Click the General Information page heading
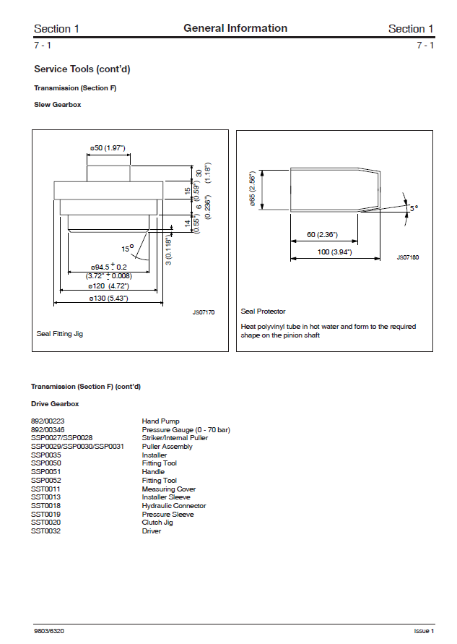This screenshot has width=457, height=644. click(x=235, y=29)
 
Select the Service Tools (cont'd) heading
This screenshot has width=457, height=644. click(x=82, y=69)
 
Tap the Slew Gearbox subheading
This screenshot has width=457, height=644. click(x=58, y=105)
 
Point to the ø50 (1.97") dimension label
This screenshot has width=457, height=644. click(x=108, y=148)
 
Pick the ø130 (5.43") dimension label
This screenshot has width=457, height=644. click(x=108, y=299)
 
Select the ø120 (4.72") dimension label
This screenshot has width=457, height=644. click(x=108, y=287)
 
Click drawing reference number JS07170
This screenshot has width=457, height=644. click(x=204, y=312)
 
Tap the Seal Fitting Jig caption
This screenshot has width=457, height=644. click(x=60, y=334)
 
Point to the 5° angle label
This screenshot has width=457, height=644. click(x=414, y=208)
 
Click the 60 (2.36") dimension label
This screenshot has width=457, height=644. click(x=322, y=235)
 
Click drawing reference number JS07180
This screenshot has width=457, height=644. click(x=408, y=257)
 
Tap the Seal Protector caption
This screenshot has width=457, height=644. click(x=263, y=312)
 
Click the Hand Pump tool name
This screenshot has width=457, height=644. click(x=161, y=421)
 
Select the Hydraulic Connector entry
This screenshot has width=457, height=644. click(x=174, y=506)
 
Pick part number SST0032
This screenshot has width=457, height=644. click(x=45, y=531)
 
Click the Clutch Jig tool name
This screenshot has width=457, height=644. click(x=157, y=523)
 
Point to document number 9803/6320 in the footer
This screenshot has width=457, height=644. click(x=48, y=631)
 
